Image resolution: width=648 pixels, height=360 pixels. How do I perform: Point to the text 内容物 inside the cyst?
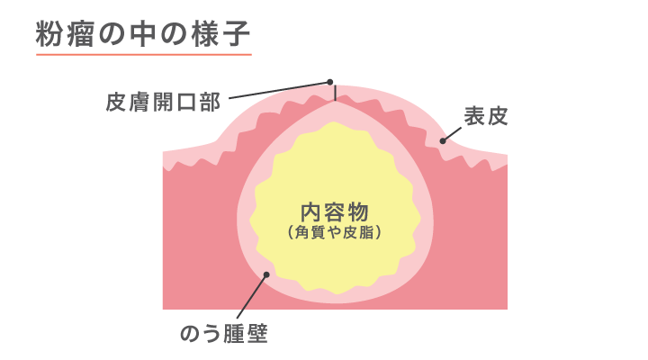(335, 212)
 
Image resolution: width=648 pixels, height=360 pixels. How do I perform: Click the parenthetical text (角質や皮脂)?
(335, 233)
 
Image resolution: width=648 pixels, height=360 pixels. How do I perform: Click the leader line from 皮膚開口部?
(279, 90)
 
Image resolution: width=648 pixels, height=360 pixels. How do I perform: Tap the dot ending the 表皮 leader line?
(443, 140)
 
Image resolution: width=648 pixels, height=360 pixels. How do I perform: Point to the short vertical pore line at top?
(334, 93)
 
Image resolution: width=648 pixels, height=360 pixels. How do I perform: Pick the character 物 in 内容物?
(357, 212)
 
